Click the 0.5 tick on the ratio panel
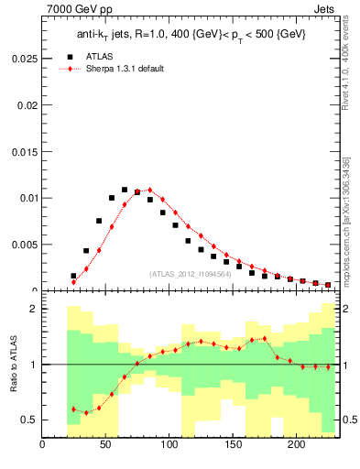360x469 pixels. (30, 420)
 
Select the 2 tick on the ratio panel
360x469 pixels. (34, 309)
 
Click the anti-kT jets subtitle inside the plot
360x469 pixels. (191, 34)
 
